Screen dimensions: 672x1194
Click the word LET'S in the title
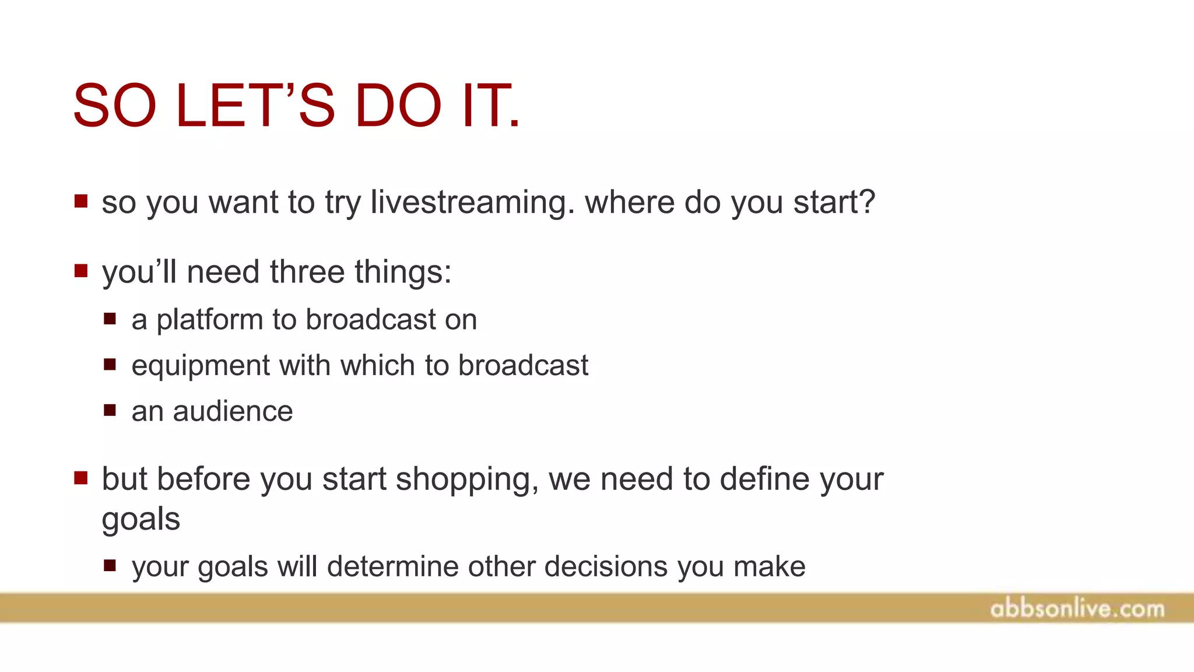(x=255, y=106)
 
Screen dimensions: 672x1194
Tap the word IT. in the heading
(x=490, y=106)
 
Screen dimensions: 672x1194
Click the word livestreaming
(x=472, y=202)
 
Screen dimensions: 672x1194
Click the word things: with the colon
(x=403, y=272)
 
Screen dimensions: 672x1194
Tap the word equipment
(x=201, y=366)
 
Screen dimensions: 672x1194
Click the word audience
(x=233, y=411)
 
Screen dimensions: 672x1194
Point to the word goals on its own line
(x=141, y=519)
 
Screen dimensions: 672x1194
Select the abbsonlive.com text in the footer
(x=1077, y=609)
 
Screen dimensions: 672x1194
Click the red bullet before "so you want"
(x=81, y=202)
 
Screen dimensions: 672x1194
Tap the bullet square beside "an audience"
(x=110, y=410)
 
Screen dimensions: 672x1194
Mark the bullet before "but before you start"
(x=81, y=478)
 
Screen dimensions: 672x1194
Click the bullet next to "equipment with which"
(x=110, y=365)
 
